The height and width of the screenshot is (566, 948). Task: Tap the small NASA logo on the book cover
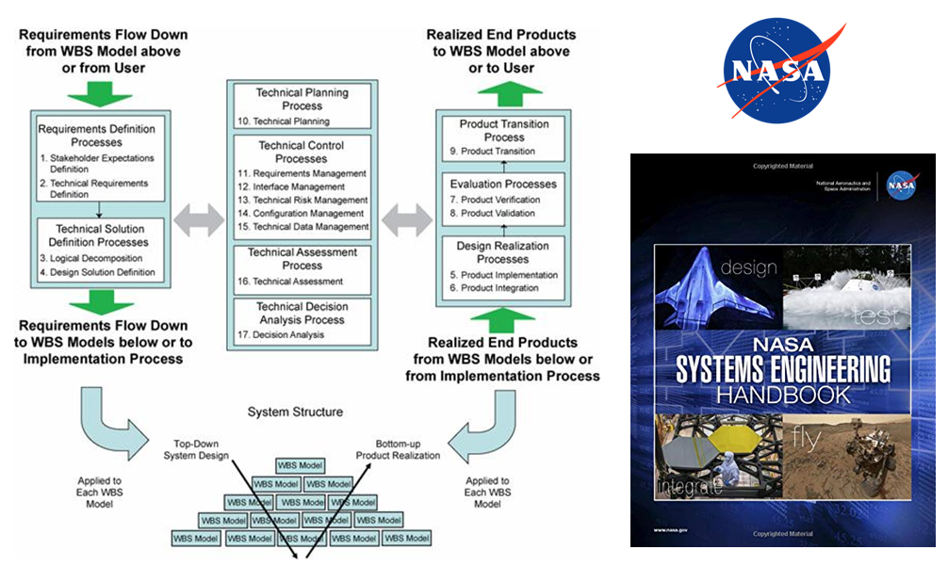coord(902,186)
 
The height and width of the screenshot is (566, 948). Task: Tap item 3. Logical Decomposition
coord(90,258)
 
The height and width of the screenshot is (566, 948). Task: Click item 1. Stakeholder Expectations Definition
coord(95,164)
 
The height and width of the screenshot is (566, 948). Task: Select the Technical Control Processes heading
coord(302,153)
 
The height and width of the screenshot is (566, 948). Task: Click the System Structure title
coord(295,412)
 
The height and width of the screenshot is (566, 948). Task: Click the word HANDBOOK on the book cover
coord(783,394)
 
